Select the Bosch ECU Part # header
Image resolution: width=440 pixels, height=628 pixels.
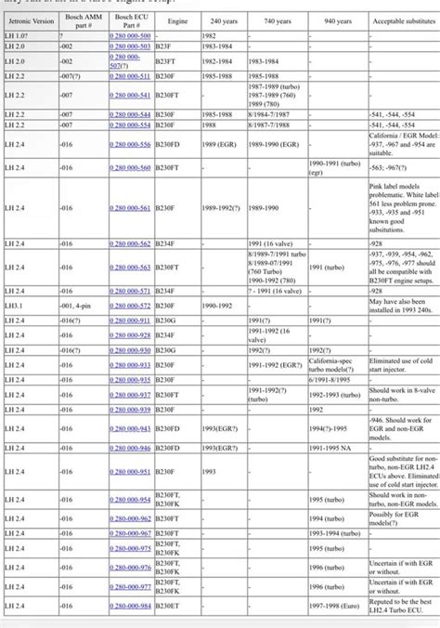tap(128, 19)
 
